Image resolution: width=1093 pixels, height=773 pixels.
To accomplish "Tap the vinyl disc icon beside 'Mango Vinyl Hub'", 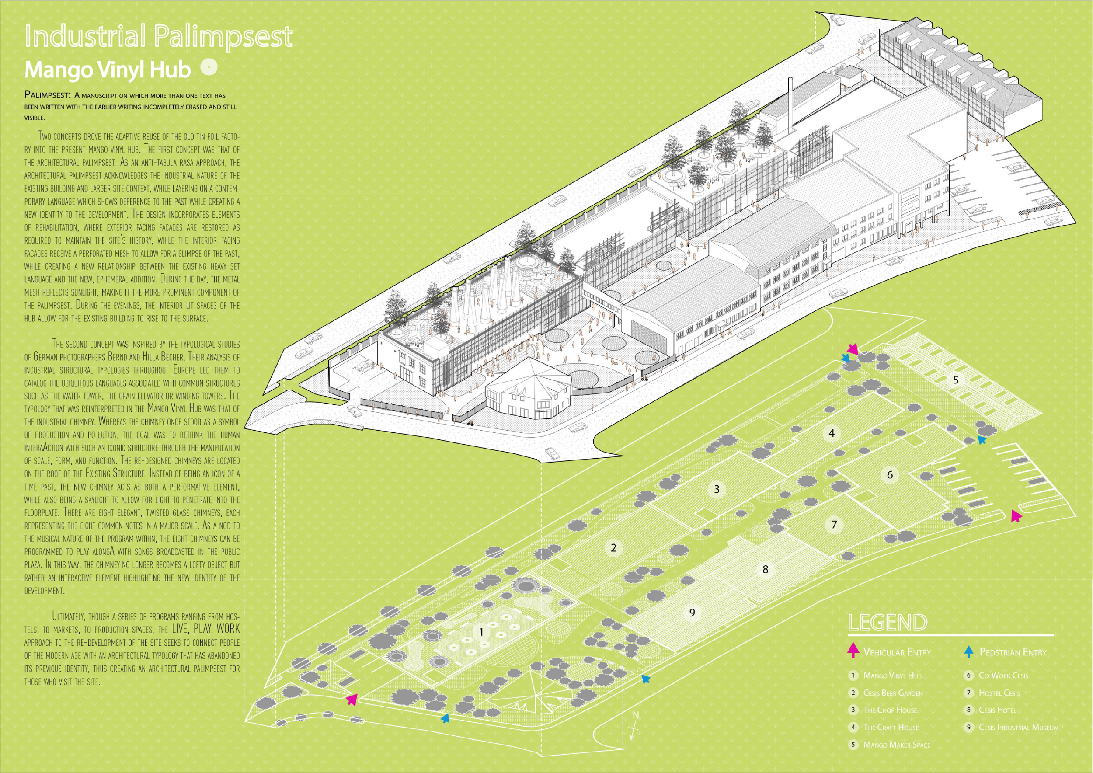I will click(209, 67).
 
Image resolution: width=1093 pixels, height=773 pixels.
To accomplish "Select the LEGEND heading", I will click(888, 623).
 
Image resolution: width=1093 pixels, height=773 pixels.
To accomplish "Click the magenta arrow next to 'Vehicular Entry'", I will click(853, 650).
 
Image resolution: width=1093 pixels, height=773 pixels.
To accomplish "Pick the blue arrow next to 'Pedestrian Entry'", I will click(969, 651).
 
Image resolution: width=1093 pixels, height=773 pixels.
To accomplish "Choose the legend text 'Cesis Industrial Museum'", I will click(1018, 727).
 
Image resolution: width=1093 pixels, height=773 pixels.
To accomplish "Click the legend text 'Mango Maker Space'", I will click(896, 745).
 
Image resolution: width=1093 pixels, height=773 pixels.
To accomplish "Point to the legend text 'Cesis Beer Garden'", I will click(893, 693).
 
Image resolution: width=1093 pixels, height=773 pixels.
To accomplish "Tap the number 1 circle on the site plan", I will click(481, 632).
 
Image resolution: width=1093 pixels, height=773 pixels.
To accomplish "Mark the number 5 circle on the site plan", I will click(955, 380).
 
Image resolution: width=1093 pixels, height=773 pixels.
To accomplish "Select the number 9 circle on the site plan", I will click(692, 613).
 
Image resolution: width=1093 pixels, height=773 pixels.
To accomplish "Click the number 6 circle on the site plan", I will click(890, 474).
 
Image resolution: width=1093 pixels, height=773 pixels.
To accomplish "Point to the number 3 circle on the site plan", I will click(717, 489).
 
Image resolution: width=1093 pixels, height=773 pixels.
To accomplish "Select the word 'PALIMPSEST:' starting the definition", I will click(48, 95).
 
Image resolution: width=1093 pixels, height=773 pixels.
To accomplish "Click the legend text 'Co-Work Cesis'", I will click(1003, 676).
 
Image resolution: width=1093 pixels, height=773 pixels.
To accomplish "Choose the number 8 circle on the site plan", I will click(766, 569).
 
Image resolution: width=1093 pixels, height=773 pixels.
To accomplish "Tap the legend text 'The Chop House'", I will click(890, 710).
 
